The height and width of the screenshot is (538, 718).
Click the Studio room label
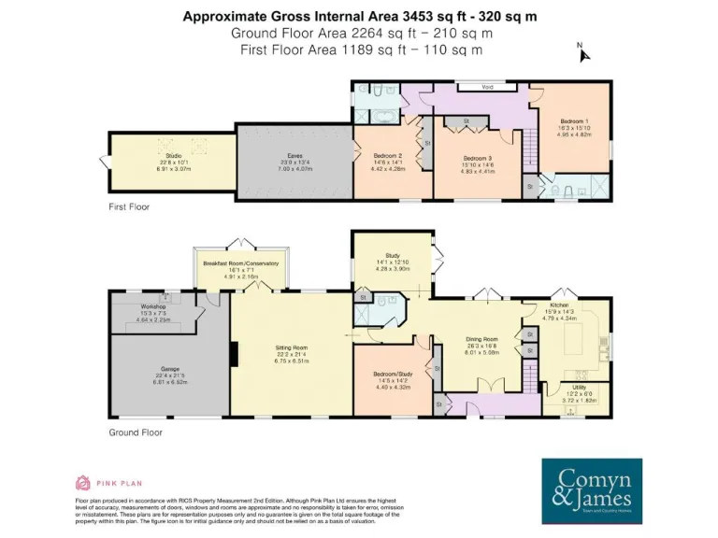click(172, 156)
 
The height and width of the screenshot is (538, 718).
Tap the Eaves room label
click(294, 156)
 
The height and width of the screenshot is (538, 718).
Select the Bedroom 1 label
click(574, 121)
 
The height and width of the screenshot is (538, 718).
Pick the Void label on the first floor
click(486, 87)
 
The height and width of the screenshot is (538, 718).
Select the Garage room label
click(169, 369)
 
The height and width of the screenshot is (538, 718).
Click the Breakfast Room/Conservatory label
click(241, 263)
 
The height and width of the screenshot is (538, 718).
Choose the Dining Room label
click(481, 339)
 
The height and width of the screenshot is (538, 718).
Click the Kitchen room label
click(559, 305)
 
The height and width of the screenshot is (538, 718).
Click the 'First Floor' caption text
click(129, 206)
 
